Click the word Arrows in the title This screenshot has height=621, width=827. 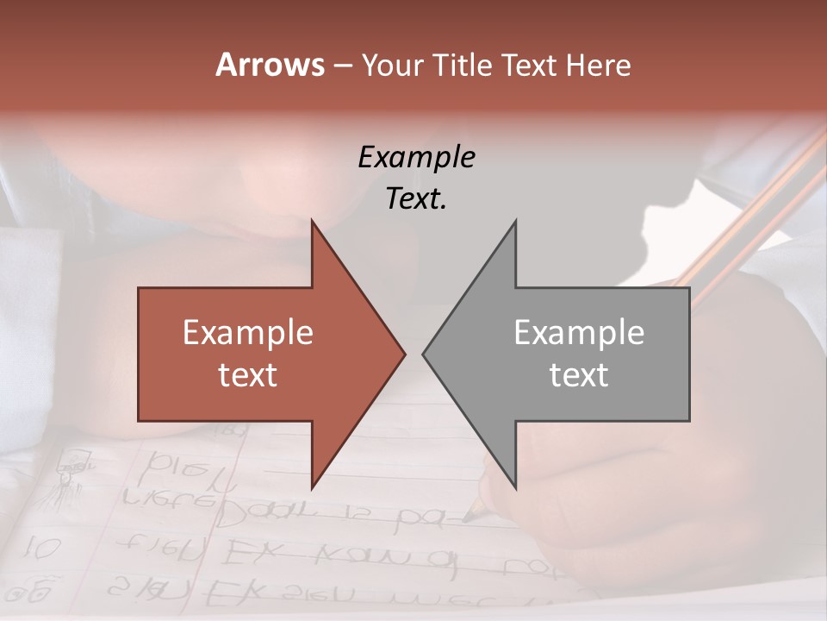(x=270, y=65)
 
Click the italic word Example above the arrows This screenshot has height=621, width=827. (x=416, y=157)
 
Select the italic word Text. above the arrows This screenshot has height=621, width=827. (x=416, y=199)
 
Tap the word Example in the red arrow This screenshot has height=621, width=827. (x=248, y=333)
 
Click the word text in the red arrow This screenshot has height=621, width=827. (x=248, y=375)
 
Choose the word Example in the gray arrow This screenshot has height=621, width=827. (x=579, y=333)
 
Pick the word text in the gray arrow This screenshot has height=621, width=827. (x=579, y=375)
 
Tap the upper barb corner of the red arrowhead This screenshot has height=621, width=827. (x=312, y=222)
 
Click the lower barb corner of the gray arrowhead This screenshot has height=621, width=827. (x=515, y=487)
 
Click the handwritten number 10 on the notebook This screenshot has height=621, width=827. (x=39, y=546)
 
